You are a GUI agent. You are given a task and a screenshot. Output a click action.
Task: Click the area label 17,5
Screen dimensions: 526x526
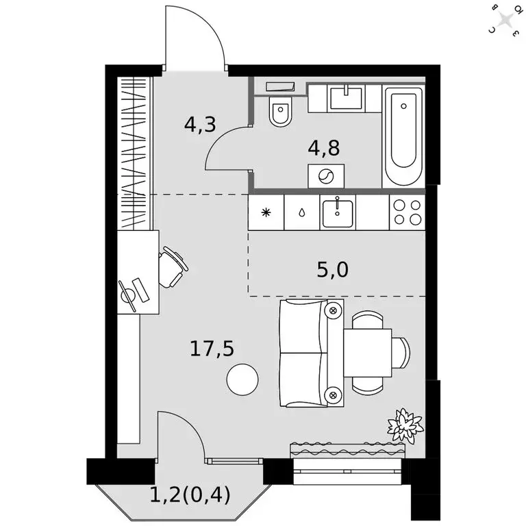click(x=212, y=349)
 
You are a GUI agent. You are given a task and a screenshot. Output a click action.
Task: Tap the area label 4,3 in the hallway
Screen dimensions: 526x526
click(x=200, y=125)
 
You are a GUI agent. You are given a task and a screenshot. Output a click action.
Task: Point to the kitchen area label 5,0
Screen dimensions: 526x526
click(x=333, y=271)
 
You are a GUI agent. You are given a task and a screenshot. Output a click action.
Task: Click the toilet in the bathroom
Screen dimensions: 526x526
click(x=279, y=112)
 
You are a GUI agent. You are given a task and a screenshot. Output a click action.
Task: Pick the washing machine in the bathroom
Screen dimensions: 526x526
click(x=326, y=176)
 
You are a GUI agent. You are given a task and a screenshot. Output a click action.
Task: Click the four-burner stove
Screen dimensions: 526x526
click(x=407, y=212)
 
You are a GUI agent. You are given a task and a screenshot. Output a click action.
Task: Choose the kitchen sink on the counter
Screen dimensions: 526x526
click(x=337, y=212)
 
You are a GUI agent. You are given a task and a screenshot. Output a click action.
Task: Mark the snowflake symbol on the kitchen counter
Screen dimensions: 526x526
click(x=266, y=212)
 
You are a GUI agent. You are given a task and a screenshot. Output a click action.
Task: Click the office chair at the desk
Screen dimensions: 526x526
click(x=172, y=267)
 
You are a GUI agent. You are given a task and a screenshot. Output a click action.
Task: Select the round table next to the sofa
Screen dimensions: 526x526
click(x=243, y=379)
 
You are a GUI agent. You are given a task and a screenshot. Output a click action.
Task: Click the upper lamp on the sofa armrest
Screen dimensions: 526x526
click(x=334, y=311)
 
